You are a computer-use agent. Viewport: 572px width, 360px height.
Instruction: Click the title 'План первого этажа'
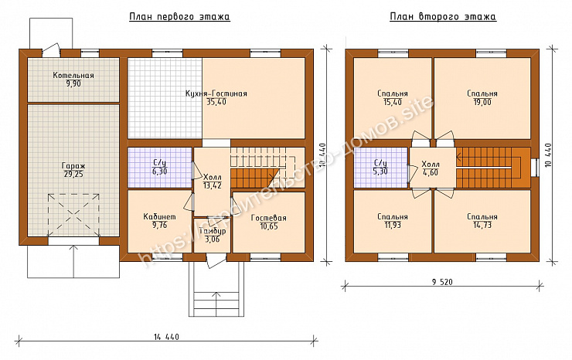pyautogui.click(x=179, y=17)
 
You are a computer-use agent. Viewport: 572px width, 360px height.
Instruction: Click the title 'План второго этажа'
pyautogui.click(x=443, y=17)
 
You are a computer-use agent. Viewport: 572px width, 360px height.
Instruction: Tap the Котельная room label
pyautogui.click(x=73, y=76)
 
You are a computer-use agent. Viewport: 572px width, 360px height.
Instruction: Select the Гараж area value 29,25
pyautogui.click(x=73, y=175)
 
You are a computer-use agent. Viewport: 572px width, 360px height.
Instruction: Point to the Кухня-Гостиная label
pyautogui.click(x=216, y=93)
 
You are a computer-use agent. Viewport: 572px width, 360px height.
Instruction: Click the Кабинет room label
pyautogui.click(x=159, y=217)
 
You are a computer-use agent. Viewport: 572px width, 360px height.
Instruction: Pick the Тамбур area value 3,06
pyautogui.click(x=212, y=239)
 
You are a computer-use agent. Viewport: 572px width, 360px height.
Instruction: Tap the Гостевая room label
pyautogui.click(x=269, y=218)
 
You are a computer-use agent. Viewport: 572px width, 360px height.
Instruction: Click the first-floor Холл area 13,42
pyautogui.click(x=212, y=185)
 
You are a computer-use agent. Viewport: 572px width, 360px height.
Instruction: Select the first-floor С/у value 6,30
pyautogui.click(x=159, y=172)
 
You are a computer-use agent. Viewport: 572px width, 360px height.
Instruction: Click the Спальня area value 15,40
pyautogui.click(x=393, y=103)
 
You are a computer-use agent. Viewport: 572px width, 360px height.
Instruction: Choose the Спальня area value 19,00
pyautogui.click(x=482, y=103)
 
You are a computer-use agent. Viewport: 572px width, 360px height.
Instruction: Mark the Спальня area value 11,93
pyautogui.click(x=393, y=225)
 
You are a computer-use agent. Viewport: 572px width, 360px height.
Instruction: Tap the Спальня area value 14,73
pyautogui.click(x=482, y=225)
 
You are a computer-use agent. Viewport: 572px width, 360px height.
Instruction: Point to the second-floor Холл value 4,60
pyautogui.click(x=431, y=172)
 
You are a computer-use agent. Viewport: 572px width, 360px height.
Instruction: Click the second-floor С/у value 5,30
pyautogui.click(x=380, y=172)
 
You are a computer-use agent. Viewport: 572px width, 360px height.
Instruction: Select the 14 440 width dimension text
pyautogui.click(x=166, y=337)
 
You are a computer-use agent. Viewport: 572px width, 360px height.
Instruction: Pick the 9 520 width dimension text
pyautogui.click(x=442, y=282)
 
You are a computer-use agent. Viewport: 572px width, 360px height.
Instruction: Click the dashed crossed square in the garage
pyautogui.click(x=73, y=216)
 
